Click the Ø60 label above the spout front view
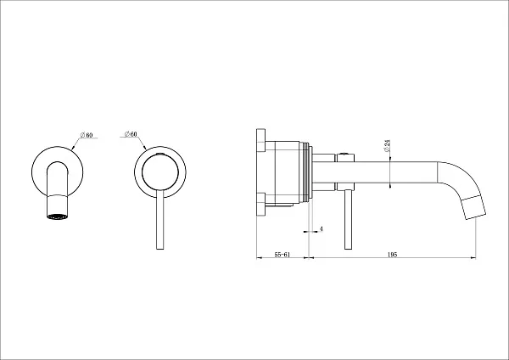click(x=87, y=135)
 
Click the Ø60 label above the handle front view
click(x=131, y=134)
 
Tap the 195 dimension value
click(x=393, y=255)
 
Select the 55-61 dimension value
click(x=282, y=255)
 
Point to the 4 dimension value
click(x=322, y=228)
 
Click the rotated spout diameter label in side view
click(x=387, y=145)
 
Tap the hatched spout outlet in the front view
click(x=58, y=217)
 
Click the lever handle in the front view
click(x=160, y=220)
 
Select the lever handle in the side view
click(x=348, y=220)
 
